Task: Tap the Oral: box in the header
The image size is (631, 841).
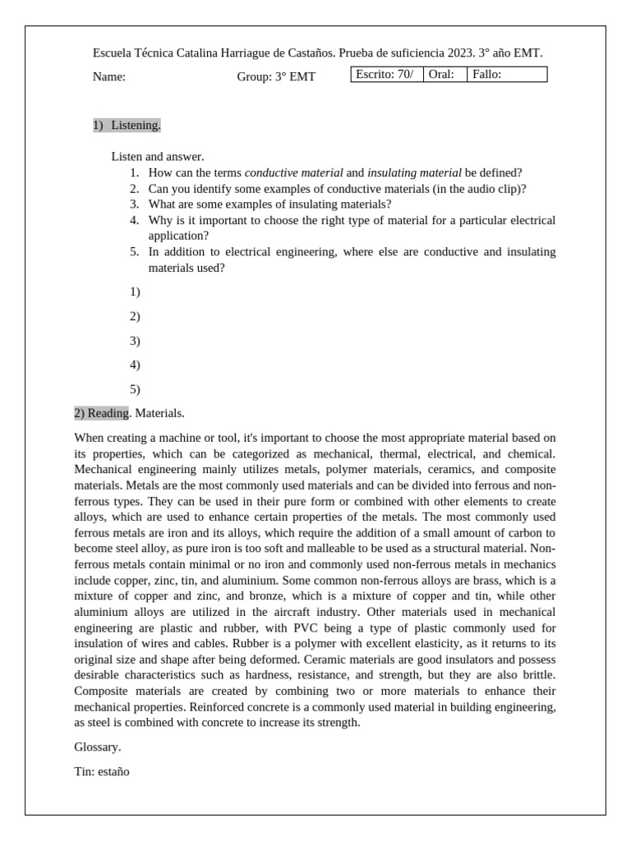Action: click(x=444, y=75)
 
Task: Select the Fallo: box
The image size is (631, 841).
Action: click(x=506, y=75)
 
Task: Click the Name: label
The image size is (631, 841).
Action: click(x=109, y=77)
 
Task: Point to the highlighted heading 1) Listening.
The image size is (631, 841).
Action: click(x=127, y=125)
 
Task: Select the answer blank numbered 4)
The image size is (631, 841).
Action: click(x=135, y=365)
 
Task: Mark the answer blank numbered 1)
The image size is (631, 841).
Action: click(x=135, y=292)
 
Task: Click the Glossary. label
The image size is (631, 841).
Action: click(x=97, y=747)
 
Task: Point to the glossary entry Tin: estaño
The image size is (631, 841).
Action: click(x=102, y=772)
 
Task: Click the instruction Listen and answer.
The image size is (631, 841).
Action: click(x=157, y=156)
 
